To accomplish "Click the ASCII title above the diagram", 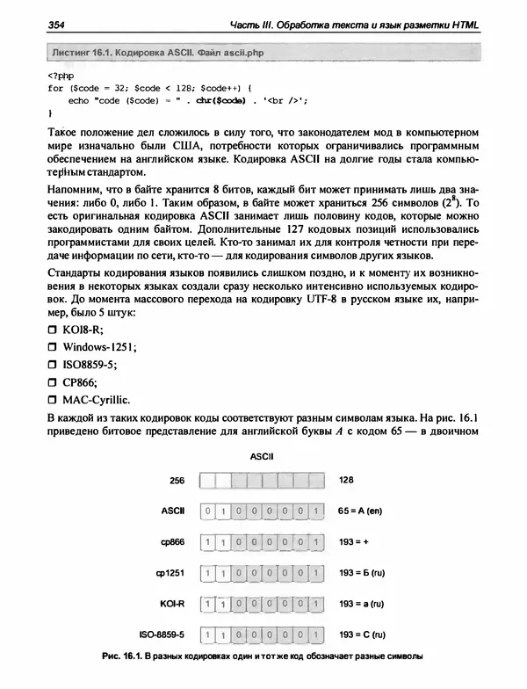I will [263, 457].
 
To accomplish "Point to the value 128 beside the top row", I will [347, 481].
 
